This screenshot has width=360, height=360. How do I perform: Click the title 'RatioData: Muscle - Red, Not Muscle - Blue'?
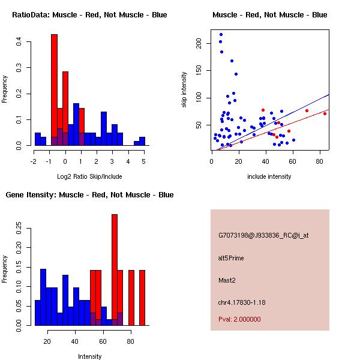pos(89,14)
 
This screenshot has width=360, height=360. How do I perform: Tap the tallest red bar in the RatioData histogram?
pos(54,90)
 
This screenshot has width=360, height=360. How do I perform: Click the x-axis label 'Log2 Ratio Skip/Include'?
pos(89,176)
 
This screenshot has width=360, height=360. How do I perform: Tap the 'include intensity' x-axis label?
pos(270,176)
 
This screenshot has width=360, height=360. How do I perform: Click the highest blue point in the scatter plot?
pos(221,35)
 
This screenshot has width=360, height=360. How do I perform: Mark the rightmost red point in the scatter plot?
pos(325,113)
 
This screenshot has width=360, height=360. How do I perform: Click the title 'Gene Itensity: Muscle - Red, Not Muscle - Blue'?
pos(89,194)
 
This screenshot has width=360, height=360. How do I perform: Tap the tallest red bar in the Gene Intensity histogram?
pos(115,269)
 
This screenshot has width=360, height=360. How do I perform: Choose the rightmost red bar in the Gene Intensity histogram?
pos(142,298)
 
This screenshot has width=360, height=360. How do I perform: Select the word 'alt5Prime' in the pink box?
pos(231,258)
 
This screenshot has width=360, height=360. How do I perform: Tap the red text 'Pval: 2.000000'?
pos(239,319)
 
